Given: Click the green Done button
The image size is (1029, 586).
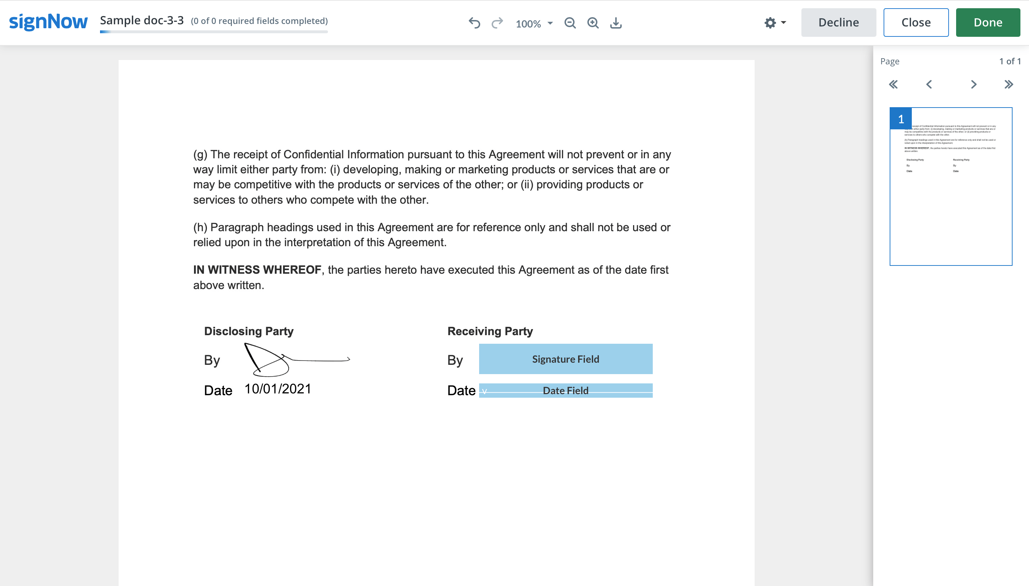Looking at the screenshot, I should [988, 23].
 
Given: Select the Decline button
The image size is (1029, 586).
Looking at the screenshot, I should [838, 23].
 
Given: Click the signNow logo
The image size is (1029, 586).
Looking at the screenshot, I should [48, 21].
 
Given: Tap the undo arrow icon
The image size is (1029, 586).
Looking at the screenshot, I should [474, 23].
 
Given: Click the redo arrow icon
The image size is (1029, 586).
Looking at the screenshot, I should [497, 23].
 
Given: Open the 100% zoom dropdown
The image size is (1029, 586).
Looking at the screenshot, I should [534, 23].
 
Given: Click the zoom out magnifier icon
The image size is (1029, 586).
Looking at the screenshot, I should [570, 23].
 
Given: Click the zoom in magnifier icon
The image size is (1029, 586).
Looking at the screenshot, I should [593, 23].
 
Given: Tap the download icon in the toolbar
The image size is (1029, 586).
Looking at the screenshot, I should [616, 23].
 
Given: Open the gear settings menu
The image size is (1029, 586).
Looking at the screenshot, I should [774, 23].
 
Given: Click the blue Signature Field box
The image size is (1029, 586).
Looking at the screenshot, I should [565, 359].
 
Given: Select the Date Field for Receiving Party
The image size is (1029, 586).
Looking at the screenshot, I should [565, 391].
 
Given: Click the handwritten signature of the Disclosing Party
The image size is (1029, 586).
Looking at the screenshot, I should [286, 359].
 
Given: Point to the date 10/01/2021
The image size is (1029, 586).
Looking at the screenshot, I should [278, 389].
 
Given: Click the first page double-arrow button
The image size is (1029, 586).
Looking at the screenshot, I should [893, 85].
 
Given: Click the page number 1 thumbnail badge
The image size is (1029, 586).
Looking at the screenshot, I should [901, 119].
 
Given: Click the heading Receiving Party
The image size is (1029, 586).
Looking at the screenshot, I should [490, 331].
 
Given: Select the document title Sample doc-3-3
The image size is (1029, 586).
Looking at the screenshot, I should [141, 20].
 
